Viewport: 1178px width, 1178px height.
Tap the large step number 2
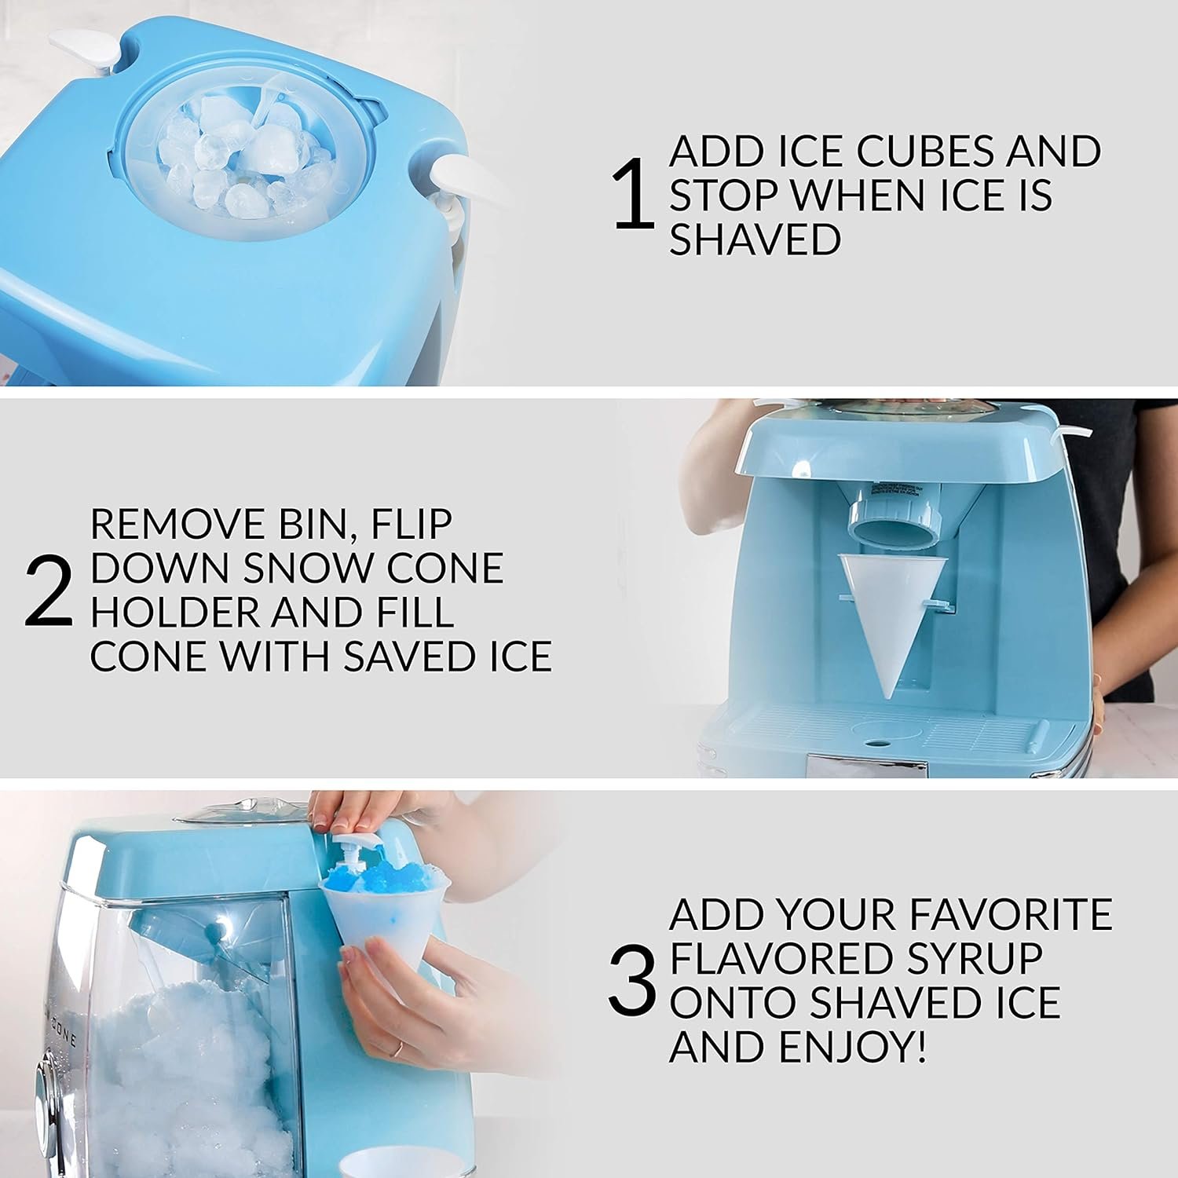tap(49, 592)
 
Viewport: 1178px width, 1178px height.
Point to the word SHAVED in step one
tap(755, 240)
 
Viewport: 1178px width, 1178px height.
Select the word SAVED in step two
tap(408, 657)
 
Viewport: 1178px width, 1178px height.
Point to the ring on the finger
tap(399, 1048)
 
